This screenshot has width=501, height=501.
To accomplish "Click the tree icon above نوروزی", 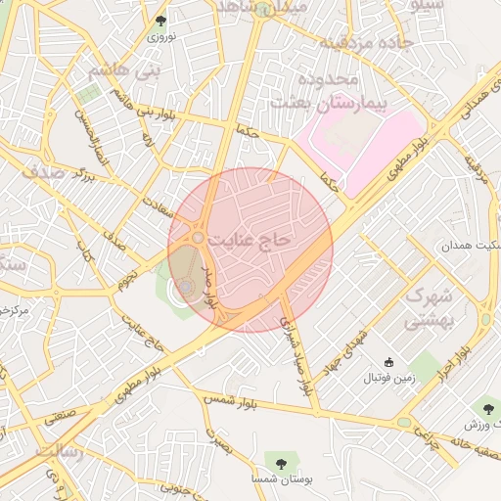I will [x=161, y=20].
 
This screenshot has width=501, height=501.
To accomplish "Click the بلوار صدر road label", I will [x=207, y=284].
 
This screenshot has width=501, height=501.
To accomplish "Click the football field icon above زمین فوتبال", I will [x=390, y=362].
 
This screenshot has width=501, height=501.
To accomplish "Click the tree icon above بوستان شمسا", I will [x=282, y=460].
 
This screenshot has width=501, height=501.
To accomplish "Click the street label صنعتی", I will [x=60, y=414].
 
